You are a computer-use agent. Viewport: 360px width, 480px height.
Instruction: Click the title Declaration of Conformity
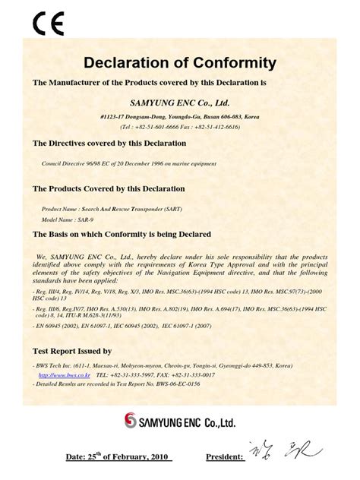coord(179,62)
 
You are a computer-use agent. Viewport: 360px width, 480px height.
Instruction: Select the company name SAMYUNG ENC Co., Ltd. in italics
coord(180,102)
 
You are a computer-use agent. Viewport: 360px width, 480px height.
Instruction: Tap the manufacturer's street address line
coord(180,117)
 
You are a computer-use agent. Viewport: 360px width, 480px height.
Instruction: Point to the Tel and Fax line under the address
coord(180,128)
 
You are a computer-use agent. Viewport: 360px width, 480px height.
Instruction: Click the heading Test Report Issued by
coord(72,352)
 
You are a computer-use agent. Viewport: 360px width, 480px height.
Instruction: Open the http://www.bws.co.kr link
coord(65,375)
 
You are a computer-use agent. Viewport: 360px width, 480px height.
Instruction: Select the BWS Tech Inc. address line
coord(167,365)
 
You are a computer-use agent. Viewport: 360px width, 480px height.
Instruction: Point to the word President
coord(224,457)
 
